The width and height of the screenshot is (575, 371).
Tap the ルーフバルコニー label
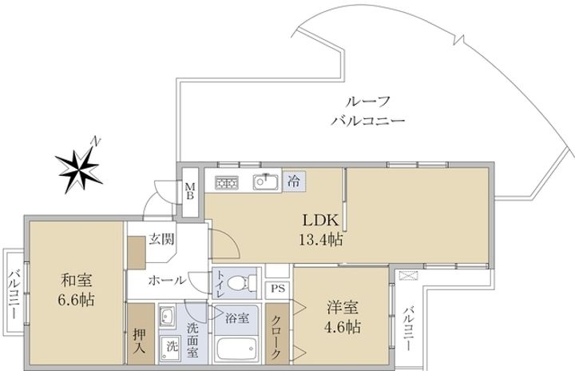pos(368,112)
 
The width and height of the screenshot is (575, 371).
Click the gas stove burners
pos(225,182)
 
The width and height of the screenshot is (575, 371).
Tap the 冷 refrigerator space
pos(294,181)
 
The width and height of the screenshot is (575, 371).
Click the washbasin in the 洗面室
pos(169,317)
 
